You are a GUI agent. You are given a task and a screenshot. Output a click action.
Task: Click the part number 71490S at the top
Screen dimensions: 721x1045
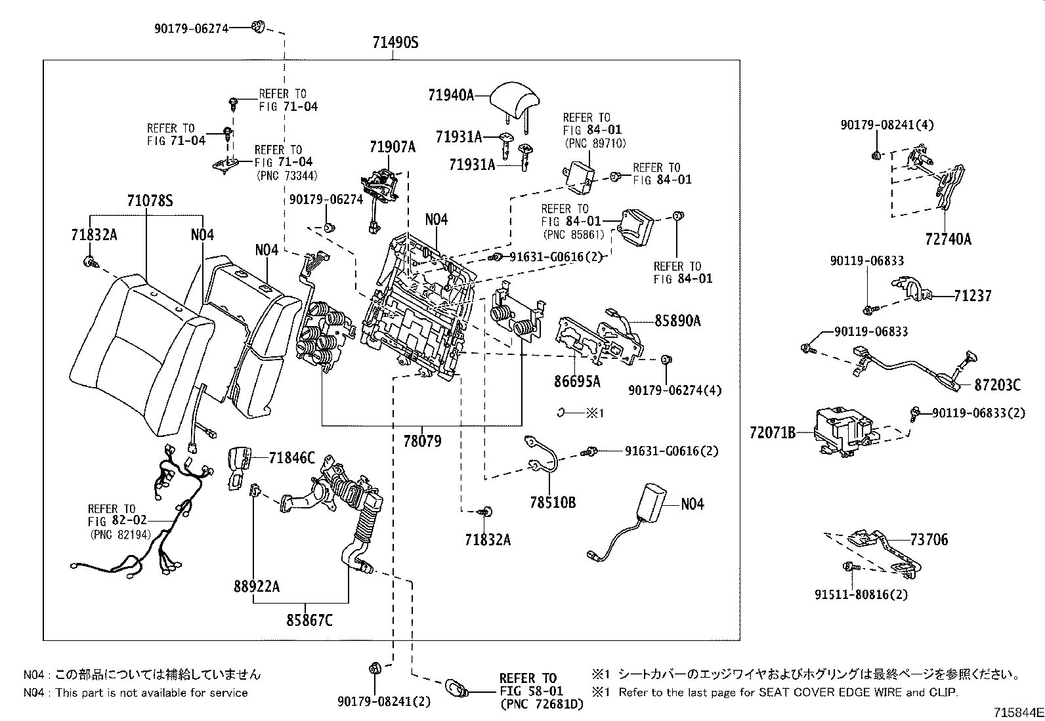click(x=395, y=43)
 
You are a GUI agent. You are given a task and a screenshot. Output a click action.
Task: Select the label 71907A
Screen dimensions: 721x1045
click(x=392, y=147)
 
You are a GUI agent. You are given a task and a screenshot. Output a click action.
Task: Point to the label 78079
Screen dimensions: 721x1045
click(x=422, y=441)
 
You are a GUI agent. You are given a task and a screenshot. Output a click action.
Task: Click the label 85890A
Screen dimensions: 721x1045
click(x=677, y=321)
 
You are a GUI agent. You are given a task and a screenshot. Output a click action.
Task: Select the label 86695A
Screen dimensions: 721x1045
click(x=578, y=381)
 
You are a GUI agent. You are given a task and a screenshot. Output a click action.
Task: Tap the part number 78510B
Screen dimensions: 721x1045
click(x=553, y=503)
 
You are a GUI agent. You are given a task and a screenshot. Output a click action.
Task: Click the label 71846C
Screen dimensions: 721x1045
click(x=291, y=458)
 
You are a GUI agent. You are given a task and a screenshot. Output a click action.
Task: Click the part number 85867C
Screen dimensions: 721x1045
click(x=309, y=619)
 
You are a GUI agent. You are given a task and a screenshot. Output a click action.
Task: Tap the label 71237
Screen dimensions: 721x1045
click(x=973, y=296)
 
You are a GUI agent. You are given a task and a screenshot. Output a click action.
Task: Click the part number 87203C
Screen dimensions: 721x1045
click(x=997, y=386)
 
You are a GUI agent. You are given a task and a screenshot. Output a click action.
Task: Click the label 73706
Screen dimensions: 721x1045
click(x=929, y=539)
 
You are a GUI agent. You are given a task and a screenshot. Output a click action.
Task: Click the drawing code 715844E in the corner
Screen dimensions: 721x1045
click(x=1017, y=711)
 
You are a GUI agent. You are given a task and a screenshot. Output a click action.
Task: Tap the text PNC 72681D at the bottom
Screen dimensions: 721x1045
click(x=541, y=704)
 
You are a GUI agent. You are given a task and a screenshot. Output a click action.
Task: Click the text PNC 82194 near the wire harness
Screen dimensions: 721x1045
click(x=121, y=535)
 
